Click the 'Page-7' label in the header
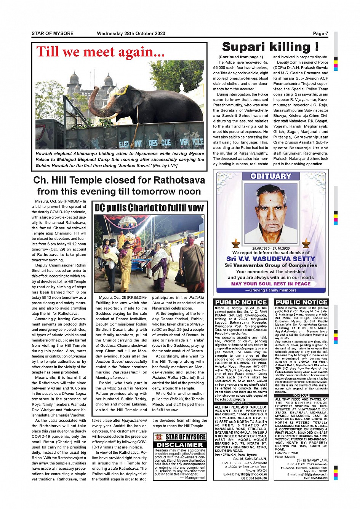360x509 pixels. (320, 34)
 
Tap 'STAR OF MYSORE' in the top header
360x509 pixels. (53, 34)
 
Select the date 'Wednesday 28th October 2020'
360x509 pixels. (131, 34)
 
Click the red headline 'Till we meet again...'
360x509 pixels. (101, 52)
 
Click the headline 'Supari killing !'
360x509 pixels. (270, 47)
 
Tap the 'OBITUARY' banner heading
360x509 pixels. (270, 176)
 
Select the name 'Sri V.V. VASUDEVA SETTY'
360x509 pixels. (271, 258)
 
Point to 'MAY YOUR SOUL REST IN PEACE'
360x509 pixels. (271, 284)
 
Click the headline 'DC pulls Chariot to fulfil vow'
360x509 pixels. (149, 207)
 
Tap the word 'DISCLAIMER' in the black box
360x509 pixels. (180, 445)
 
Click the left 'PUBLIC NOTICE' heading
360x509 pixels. (241, 302)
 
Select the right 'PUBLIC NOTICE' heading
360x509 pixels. (301, 302)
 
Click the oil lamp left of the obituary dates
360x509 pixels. (236, 243)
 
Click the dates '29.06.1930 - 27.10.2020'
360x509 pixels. (271, 248)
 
